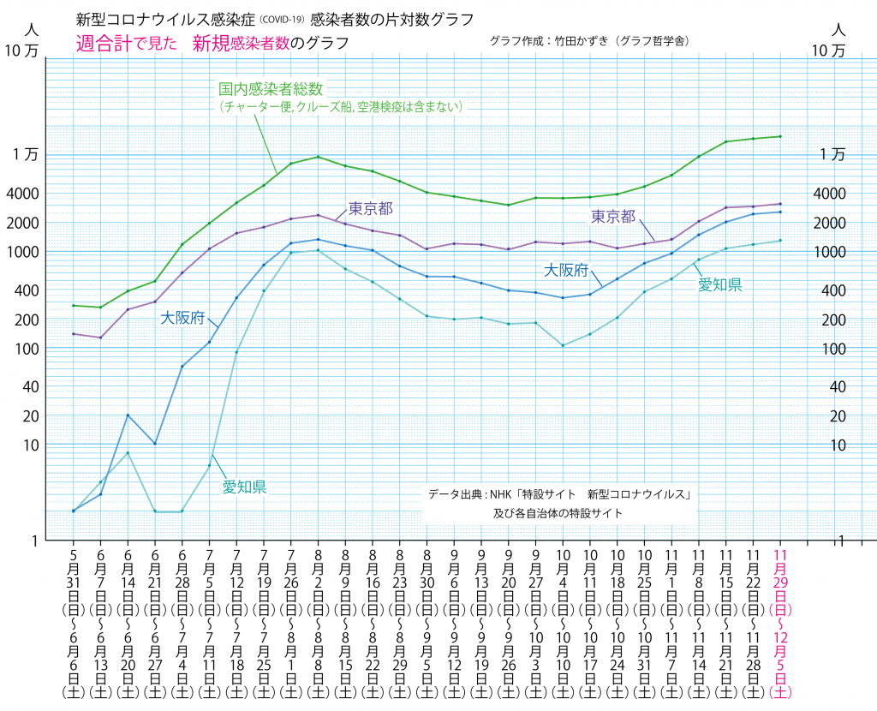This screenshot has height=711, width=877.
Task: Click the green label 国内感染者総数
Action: tap(268, 88)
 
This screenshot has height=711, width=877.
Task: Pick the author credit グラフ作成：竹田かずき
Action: tap(590, 40)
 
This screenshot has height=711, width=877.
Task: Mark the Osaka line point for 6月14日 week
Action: tap(128, 415)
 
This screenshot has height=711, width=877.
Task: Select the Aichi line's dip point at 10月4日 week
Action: tap(563, 345)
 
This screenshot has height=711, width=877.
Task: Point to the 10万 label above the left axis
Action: tap(23, 51)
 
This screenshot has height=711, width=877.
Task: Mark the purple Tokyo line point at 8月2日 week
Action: tap(319, 215)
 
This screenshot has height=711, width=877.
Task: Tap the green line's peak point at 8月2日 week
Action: tap(319, 157)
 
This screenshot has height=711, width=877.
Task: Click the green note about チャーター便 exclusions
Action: tap(341, 107)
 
